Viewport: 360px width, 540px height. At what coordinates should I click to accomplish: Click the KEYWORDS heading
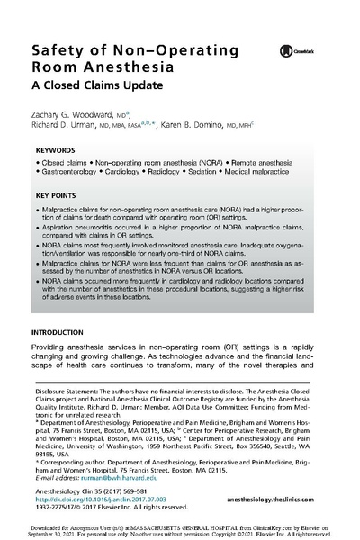click(56, 151)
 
